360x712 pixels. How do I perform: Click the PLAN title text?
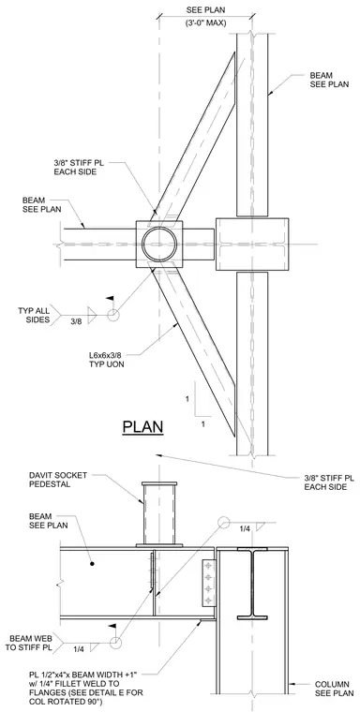pos(142,427)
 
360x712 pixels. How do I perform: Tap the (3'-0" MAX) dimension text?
pos(205,22)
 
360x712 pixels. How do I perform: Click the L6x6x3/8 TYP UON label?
pos(107,359)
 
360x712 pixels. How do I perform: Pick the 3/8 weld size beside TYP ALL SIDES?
pos(76,321)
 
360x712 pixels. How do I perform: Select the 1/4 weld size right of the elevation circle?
pos(245,528)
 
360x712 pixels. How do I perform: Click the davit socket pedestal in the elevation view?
pos(158,514)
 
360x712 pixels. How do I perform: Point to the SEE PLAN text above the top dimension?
pos(205,9)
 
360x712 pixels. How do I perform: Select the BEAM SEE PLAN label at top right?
pos(330,80)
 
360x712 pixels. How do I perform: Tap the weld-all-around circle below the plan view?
pos(112,315)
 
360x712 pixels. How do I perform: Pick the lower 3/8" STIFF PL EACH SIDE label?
pos(329,482)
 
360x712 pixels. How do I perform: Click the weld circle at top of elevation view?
pos(224,523)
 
